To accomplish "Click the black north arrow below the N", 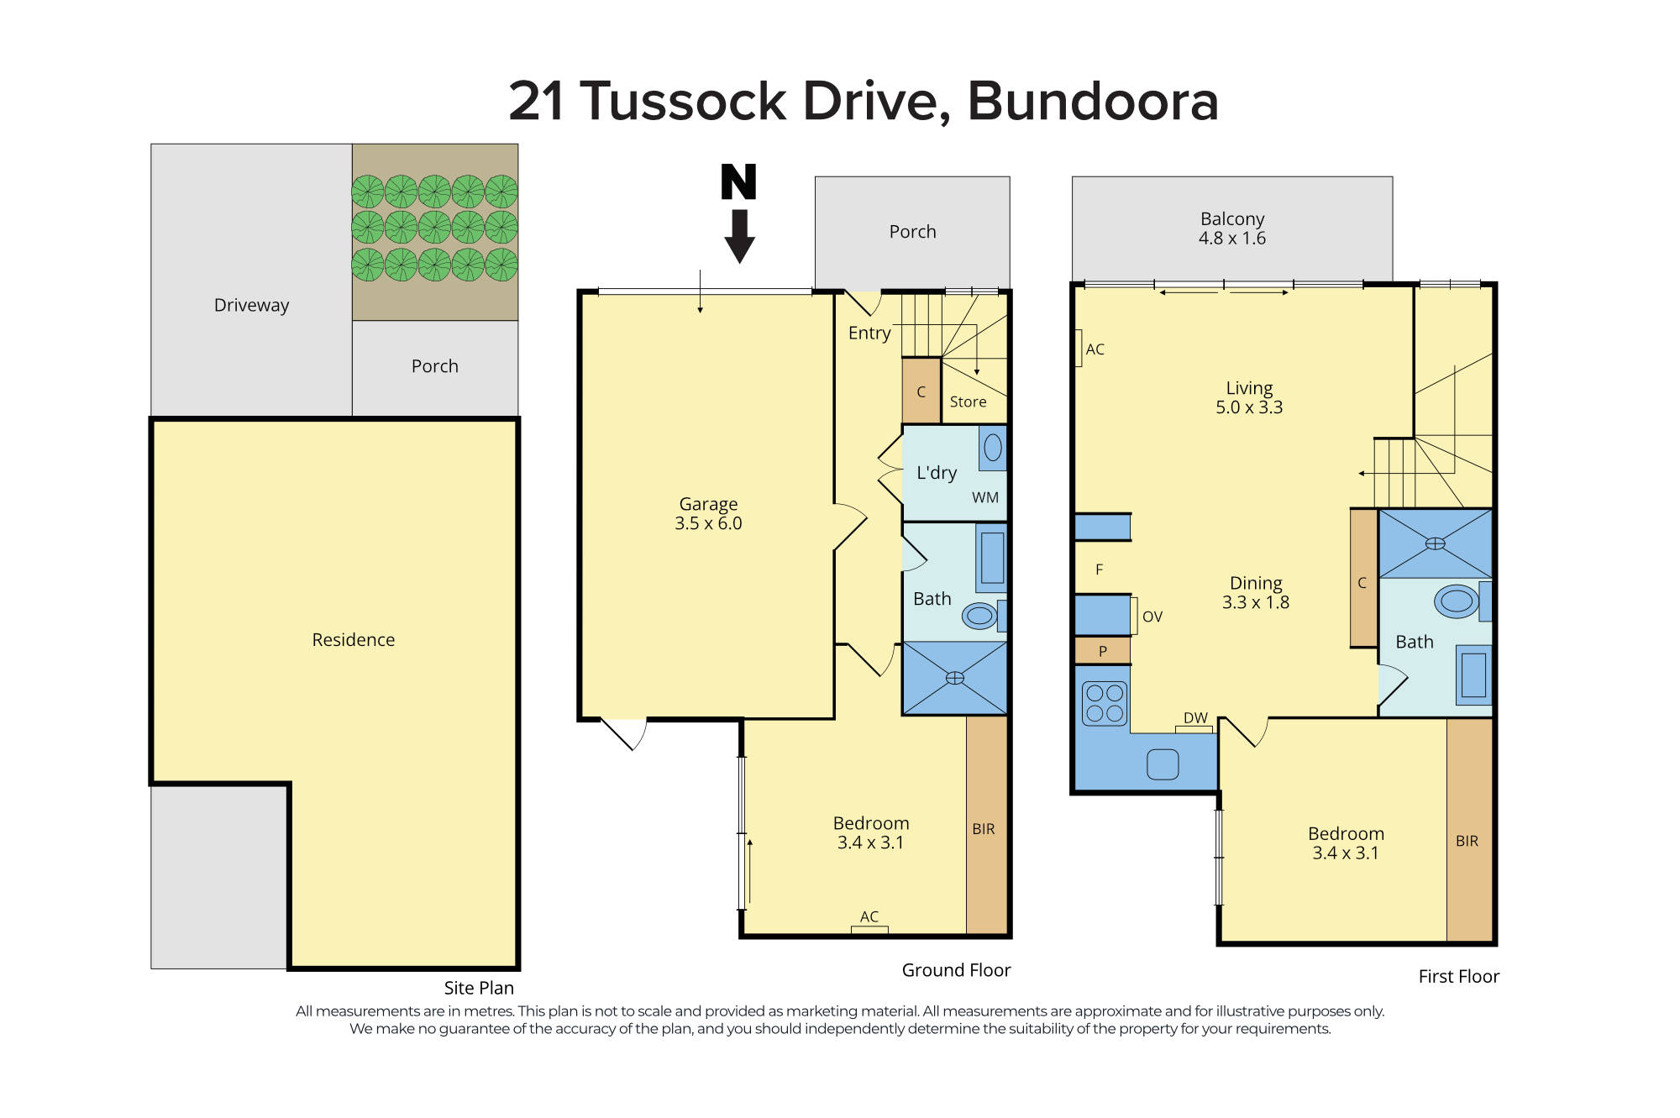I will (739, 237).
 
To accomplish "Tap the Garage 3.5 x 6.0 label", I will (708, 513).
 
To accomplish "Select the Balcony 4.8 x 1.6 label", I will (1231, 228).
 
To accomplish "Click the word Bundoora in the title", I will (1092, 102).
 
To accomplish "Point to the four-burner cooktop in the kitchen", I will (1104, 703).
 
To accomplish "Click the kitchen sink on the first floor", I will (1163, 764).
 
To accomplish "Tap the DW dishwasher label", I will (1195, 718).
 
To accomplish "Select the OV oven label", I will (1152, 617).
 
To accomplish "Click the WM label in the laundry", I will (984, 497).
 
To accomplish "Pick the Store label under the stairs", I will (968, 402).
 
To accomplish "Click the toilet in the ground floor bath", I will (979, 616).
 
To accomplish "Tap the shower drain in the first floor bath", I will (1435, 543).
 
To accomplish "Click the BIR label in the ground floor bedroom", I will (984, 829).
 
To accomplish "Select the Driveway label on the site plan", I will (251, 305).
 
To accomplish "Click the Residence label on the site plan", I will (353, 640).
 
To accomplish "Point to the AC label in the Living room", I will (1095, 349).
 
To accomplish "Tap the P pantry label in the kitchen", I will (1102, 651).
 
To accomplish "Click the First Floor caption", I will (1458, 976).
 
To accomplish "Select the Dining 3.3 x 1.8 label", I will (1255, 592).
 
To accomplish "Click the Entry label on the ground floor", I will (869, 333).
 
